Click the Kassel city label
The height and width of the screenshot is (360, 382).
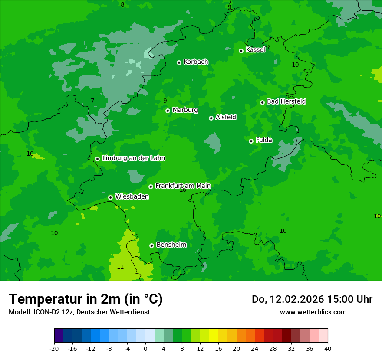click(255, 50)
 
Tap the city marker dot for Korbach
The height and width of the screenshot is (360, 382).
click(179, 62)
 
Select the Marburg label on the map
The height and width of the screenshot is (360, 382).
click(185, 110)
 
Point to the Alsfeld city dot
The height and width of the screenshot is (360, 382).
click(211, 118)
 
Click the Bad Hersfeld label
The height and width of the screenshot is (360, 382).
click(286, 101)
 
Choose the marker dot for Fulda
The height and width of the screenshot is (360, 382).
click(251, 141)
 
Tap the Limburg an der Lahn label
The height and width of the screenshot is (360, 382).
click(133, 158)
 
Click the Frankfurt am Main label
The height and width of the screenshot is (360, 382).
click(183, 186)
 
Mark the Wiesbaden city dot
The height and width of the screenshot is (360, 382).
click(110, 197)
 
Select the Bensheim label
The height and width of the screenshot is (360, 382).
click(171, 245)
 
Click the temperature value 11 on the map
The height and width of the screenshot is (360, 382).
click(120, 267)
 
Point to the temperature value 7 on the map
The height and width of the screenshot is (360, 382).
click(92, 101)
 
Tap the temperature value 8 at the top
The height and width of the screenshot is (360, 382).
click(122, 4)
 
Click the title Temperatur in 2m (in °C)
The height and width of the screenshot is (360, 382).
click(86, 299)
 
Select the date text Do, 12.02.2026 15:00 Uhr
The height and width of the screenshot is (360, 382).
click(312, 299)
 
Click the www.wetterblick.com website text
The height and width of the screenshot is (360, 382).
click(313, 312)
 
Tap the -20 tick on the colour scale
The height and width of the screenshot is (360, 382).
click(54, 348)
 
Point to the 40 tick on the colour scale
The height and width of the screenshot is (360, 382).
click(328, 348)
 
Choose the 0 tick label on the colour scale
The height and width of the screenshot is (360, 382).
click(145, 348)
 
